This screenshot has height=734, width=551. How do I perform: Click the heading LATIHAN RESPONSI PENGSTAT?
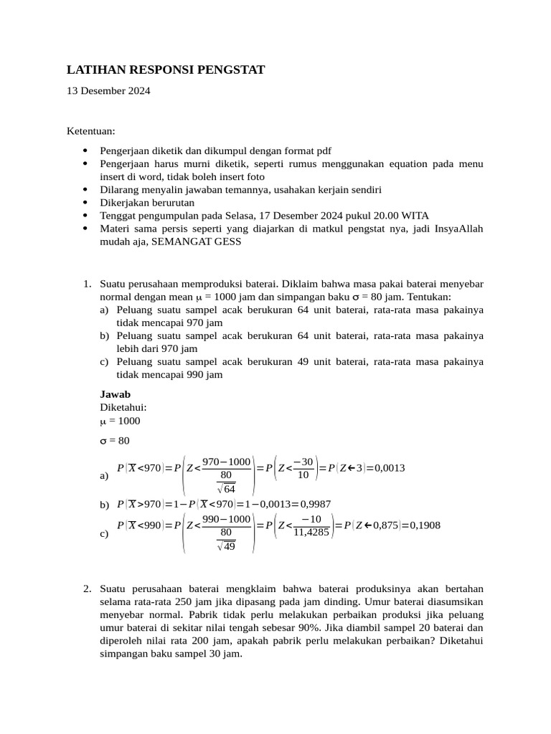tap(166, 70)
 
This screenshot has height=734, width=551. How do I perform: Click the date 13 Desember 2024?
tap(108, 91)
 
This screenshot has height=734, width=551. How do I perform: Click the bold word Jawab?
tap(115, 394)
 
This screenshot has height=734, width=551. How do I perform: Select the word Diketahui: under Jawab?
tap(123, 407)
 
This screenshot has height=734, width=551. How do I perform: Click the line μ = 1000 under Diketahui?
tap(121, 421)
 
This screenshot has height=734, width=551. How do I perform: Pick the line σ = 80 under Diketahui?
tap(115, 440)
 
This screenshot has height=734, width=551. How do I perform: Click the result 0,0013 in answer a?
tap(390, 468)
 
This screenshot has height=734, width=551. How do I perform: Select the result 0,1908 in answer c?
tap(425, 525)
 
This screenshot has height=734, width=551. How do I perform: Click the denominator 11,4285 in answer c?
tap(311, 533)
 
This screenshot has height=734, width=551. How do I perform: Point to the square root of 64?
tap(226, 489)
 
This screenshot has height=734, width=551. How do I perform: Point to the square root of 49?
tap(226, 546)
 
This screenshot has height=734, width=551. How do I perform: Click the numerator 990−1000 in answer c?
tap(226, 519)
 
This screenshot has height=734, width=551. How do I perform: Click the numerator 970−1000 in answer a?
tap(226, 462)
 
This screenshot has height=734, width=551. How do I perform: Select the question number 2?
tap(87, 589)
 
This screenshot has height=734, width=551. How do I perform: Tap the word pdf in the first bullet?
tap(324, 151)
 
